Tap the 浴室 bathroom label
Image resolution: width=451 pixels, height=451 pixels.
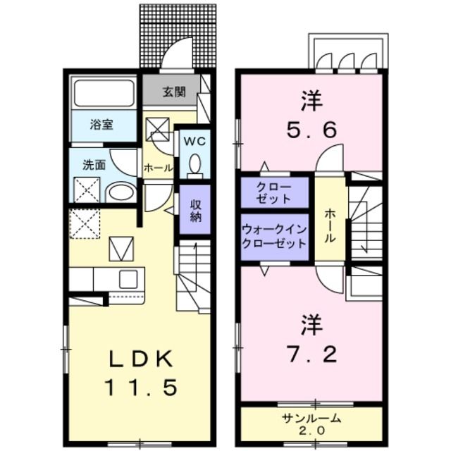tap(101, 125)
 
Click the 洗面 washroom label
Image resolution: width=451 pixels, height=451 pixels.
tap(94, 166)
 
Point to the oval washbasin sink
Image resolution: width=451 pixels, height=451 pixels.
tap(121, 192)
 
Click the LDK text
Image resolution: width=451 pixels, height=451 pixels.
tap(141, 359)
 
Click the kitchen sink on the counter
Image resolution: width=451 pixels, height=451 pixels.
tap(128, 279)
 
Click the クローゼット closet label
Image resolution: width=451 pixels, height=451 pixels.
tap(274, 192)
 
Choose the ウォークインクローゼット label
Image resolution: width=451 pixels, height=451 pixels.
tap(274, 237)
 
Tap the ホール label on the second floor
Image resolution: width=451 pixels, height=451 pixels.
tap(330, 225)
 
